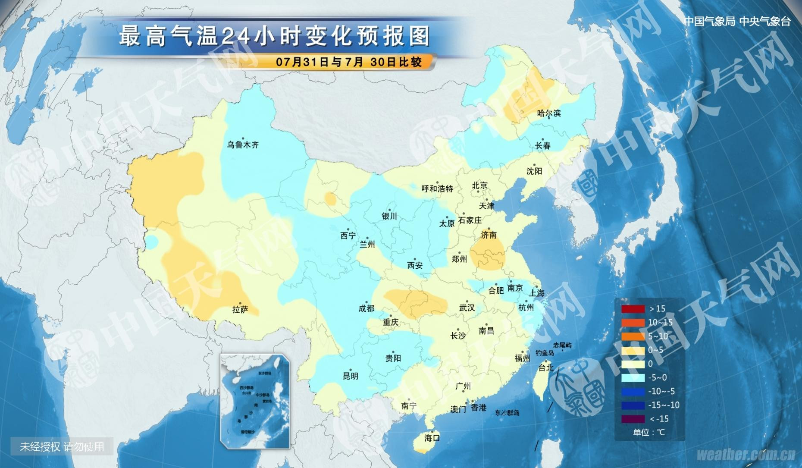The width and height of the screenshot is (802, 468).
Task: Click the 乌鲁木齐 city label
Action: [243, 145]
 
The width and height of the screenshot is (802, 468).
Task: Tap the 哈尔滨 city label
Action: [549, 113]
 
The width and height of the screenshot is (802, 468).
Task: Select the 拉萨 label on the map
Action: [240, 309]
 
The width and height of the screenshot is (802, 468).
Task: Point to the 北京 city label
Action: [479, 185]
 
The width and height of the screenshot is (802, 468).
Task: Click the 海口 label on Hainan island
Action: [432, 438]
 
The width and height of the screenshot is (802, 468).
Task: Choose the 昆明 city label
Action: [351, 376]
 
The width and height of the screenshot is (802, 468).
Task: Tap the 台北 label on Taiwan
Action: [546, 367]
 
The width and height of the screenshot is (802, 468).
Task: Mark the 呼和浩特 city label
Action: [437, 188]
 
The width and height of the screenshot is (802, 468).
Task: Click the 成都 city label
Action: [367, 308]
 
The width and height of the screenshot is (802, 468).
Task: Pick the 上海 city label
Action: [537, 293]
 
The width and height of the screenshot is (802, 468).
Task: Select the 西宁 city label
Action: [348, 236]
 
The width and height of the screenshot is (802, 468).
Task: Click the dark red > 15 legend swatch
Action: [633, 309]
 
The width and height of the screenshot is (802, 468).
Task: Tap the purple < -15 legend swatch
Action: [633, 419]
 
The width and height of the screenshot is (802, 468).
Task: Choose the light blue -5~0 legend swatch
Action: [633, 377]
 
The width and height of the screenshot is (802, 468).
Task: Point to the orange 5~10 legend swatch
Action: [633, 336]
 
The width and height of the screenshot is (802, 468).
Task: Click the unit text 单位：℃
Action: [649, 432]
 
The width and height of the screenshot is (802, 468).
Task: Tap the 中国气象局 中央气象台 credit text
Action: [737, 22]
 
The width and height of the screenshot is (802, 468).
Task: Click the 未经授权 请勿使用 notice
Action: [62, 446]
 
